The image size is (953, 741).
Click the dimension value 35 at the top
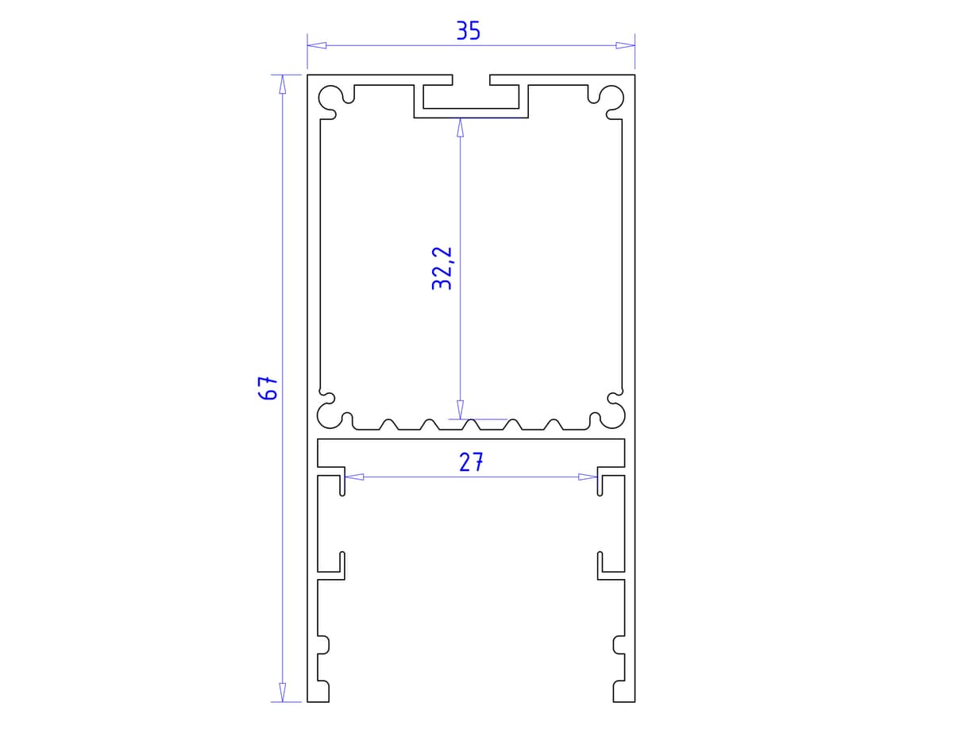tap(469, 31)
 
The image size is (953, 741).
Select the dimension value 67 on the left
tap(270, 388)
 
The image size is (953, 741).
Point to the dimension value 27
tap(471, 462)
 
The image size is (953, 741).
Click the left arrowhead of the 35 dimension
tap(317, 45)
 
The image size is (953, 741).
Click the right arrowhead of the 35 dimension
tap(626, 45)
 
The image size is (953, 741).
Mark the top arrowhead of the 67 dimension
tap(282, 84)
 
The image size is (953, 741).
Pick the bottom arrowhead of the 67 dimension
tap(282, 693)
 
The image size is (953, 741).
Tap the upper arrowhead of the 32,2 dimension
tap(460, 128)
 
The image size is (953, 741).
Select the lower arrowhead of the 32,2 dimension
tap(460, 410)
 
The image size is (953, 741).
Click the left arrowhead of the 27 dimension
tap(354, 477)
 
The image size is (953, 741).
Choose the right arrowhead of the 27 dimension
tap(588, 477)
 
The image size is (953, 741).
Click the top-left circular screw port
tap(330, 98)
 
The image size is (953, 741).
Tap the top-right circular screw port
tap(612, 98)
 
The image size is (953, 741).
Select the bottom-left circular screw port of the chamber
tap(328, 414)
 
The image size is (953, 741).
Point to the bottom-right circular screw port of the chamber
tap(614, 414)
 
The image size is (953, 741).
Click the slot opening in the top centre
tap(471, 79)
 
